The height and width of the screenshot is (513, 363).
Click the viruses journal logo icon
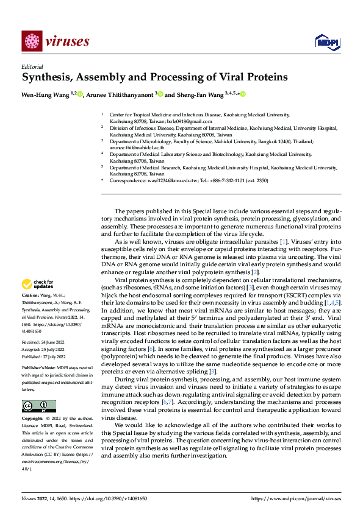coord(31,41)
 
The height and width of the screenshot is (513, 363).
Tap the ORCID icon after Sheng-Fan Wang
coord(243,94)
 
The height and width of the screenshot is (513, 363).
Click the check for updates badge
coord(39,284)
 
